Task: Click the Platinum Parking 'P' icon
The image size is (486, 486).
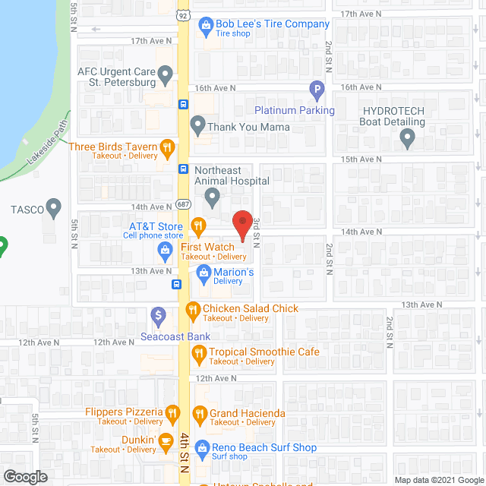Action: (317, 91)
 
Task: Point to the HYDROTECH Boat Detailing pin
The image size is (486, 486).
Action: (407, 138)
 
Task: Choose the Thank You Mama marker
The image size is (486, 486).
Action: (197, 123)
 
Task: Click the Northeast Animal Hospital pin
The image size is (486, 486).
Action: (212, 197)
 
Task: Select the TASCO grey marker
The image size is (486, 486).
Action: (53, 206)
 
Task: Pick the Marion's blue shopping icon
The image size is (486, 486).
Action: (204, 272)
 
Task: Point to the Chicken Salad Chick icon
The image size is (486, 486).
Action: (193, 309)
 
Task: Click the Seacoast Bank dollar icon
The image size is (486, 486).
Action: (158, 314)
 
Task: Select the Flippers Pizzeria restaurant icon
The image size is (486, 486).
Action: (173, 413)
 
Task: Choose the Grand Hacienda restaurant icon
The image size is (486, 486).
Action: (200, 414)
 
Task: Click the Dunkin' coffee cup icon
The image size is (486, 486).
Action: (166, 440)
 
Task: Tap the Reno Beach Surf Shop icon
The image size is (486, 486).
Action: (201, 448)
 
